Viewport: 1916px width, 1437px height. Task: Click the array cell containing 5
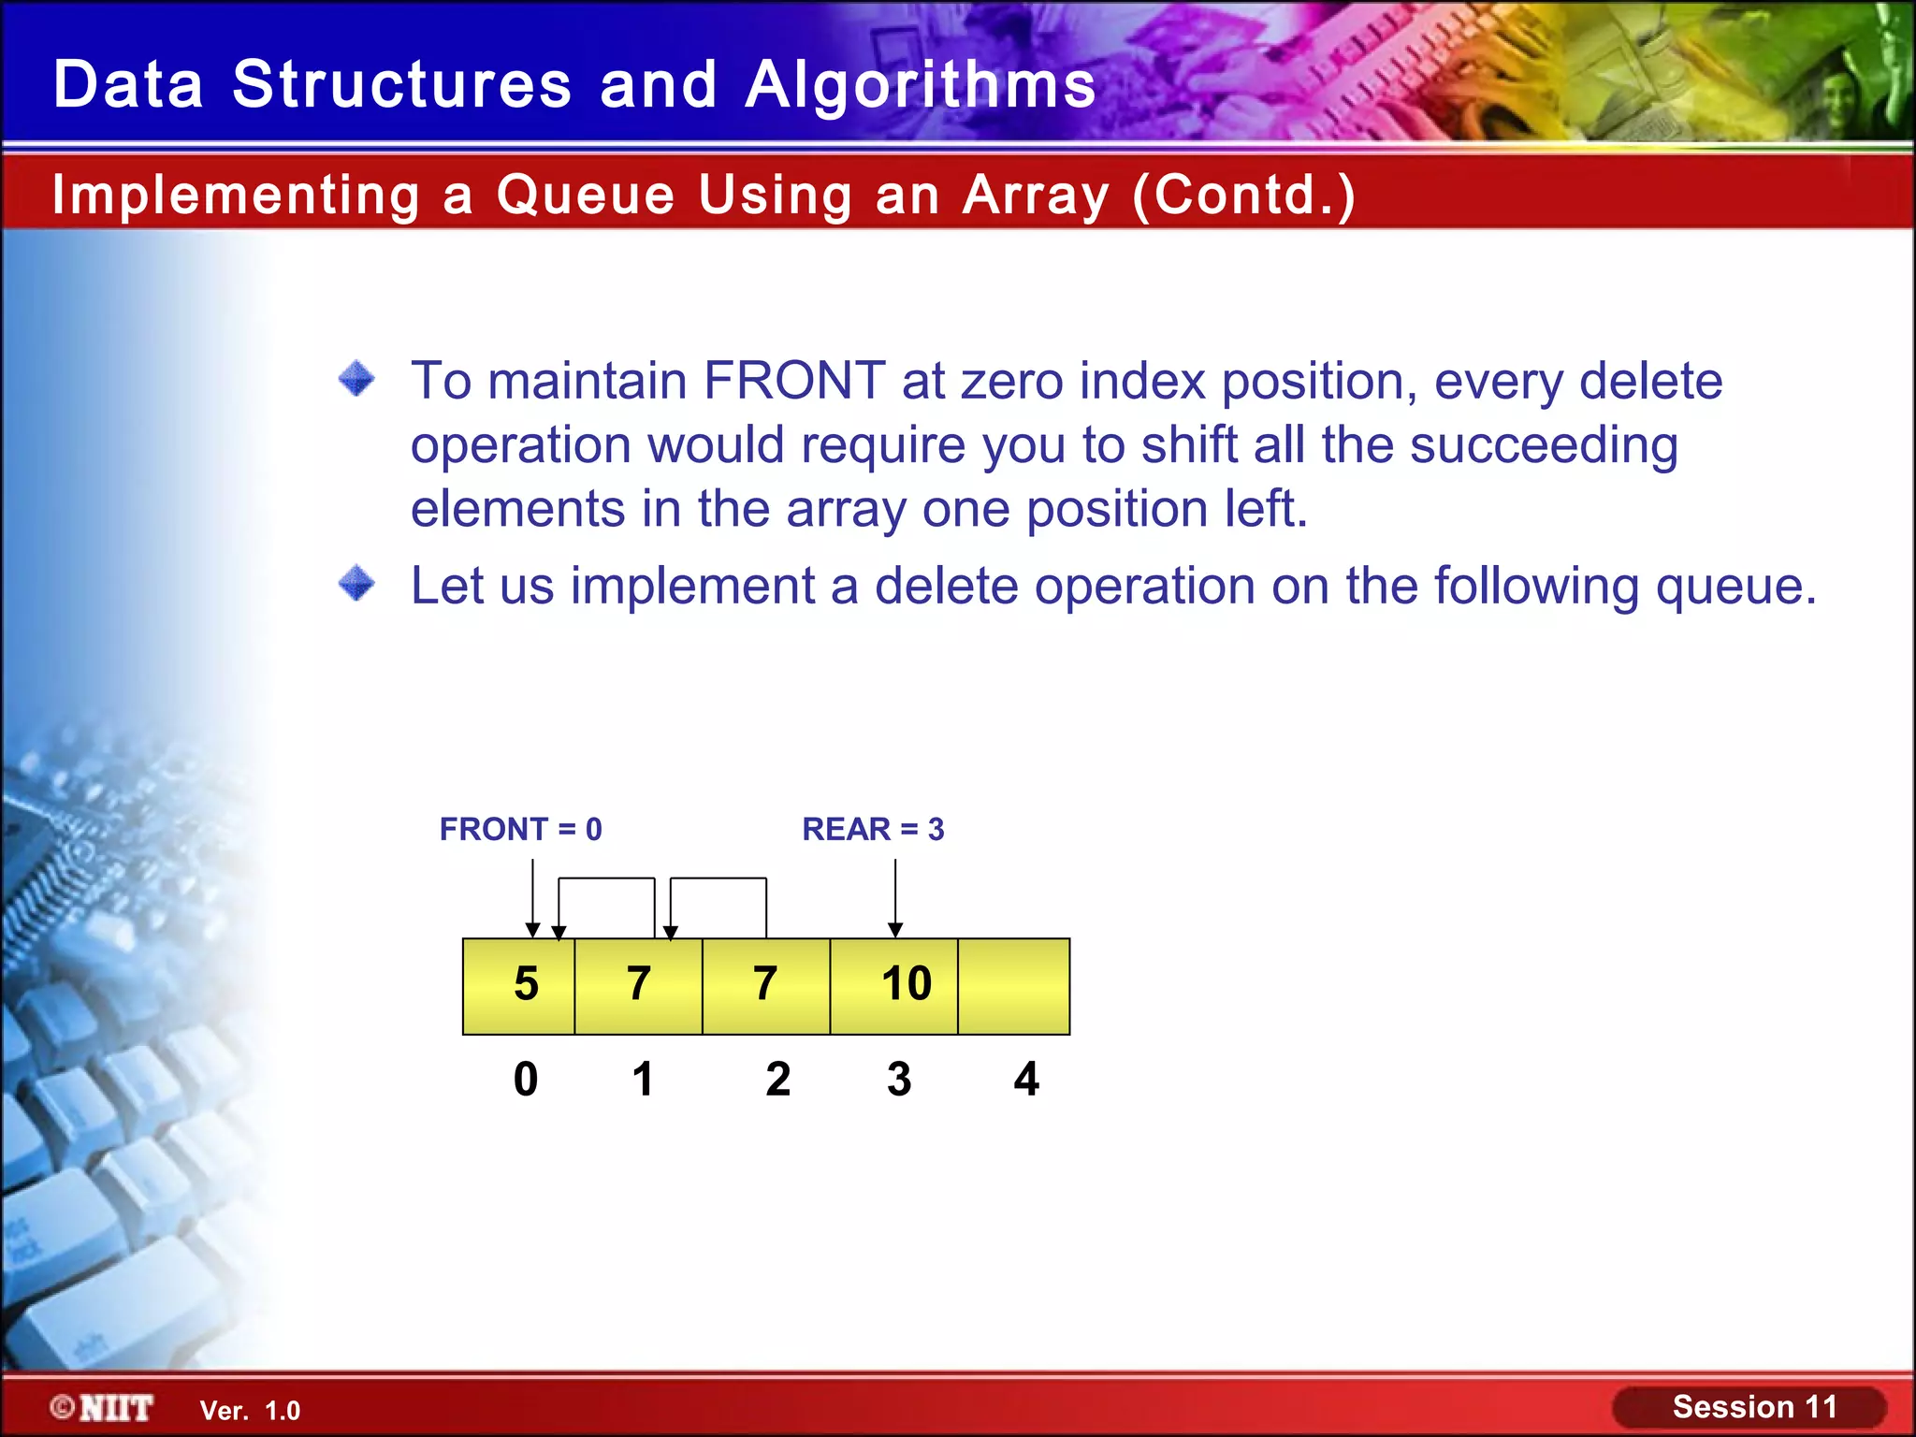click(519, 986)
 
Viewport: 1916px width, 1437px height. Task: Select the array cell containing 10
click(894, 986)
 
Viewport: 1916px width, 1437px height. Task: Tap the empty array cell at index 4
click(1014, 986)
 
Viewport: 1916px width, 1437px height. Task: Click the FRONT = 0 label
click(520, 829)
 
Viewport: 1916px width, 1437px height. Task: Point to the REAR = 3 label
click(873, 829)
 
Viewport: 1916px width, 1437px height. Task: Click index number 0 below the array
click(526, 1079)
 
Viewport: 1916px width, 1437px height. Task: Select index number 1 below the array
click(642, 1079)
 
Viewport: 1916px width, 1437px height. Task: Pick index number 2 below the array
click(777, 1079)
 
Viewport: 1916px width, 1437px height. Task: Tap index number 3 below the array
click(899, 1079)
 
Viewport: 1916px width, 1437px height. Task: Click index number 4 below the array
click(1026, 1079)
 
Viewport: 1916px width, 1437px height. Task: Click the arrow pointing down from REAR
click(895, 898)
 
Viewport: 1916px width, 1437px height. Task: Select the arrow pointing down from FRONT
click(532, 898)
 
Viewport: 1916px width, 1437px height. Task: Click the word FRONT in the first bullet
click(794, 381)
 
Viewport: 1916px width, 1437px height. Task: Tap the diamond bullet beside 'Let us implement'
click(356, 585)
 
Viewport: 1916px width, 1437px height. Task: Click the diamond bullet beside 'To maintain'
click(356, 380)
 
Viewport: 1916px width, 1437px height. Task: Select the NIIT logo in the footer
click(103, 1408)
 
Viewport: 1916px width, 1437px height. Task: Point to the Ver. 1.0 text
click(250, 1411)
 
